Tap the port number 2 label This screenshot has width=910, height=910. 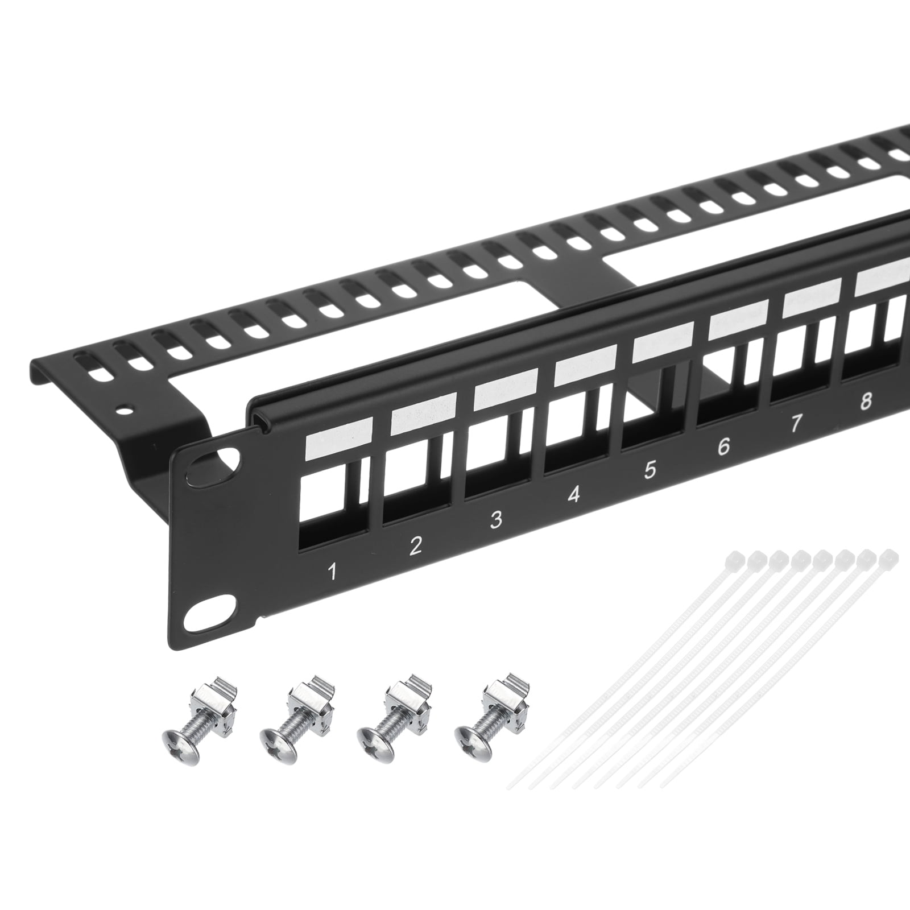[415, 545]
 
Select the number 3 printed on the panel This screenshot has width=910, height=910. [496, 519]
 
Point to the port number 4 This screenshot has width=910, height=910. [574, 494]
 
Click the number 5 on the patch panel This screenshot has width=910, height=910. [650, 470]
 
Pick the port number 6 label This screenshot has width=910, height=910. [723, 446]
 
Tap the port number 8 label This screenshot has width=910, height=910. [866, 402]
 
